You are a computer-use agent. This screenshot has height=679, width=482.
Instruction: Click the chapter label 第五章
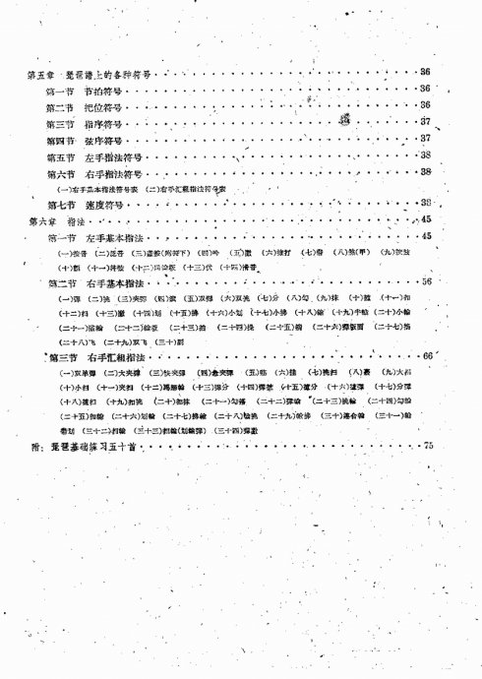[x=39, y=74]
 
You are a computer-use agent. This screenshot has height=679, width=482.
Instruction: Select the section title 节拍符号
[x=101, y=90]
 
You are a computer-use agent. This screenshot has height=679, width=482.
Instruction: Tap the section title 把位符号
[x=101, y=106]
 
